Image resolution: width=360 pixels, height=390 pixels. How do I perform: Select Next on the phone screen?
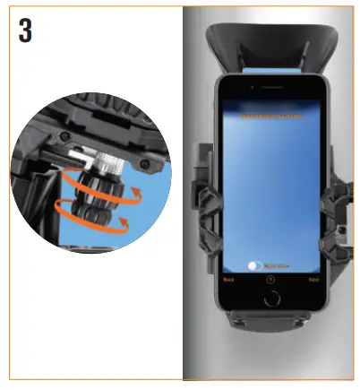point(313,280)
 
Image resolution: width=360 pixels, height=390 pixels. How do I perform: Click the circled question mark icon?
point(271,280)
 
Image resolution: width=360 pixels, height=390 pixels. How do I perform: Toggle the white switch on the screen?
point(256,265)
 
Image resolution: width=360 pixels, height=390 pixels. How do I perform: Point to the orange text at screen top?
point(271,117)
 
